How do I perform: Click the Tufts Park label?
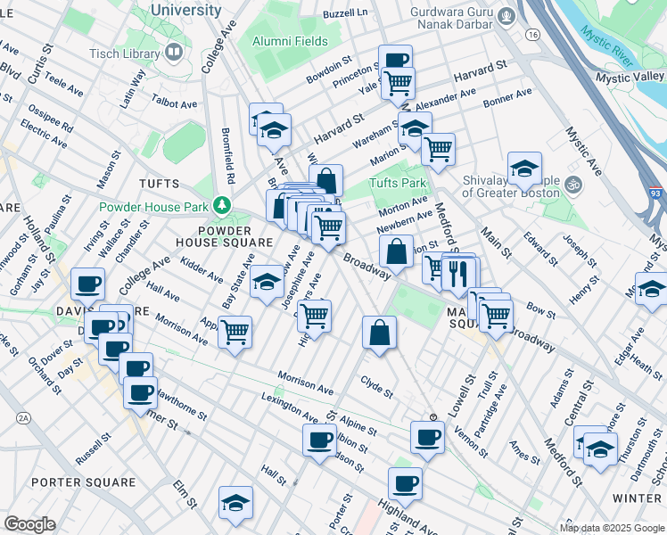pos(399,184)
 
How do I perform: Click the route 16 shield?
pos(532,34)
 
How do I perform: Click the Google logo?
pos(29,524)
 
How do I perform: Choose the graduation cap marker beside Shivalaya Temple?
pos(524,167)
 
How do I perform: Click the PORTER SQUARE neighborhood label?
pos(83,482)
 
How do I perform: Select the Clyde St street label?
pos(376,391)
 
